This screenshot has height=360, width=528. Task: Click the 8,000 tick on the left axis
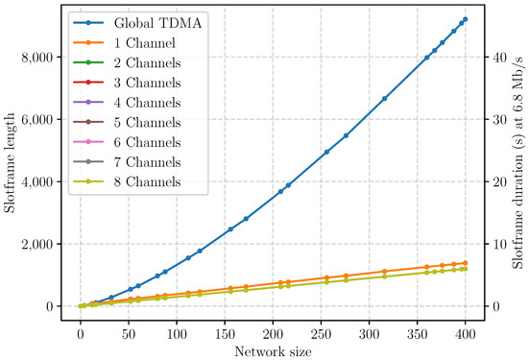click(36, 58)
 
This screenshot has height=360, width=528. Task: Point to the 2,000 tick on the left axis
click(36, 245)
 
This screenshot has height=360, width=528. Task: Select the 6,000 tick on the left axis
click(36, 120)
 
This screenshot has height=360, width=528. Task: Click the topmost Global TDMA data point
click(466, 19)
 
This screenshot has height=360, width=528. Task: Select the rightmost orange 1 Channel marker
click(466, 263)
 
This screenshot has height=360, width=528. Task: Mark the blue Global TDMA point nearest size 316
click(385, 99)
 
